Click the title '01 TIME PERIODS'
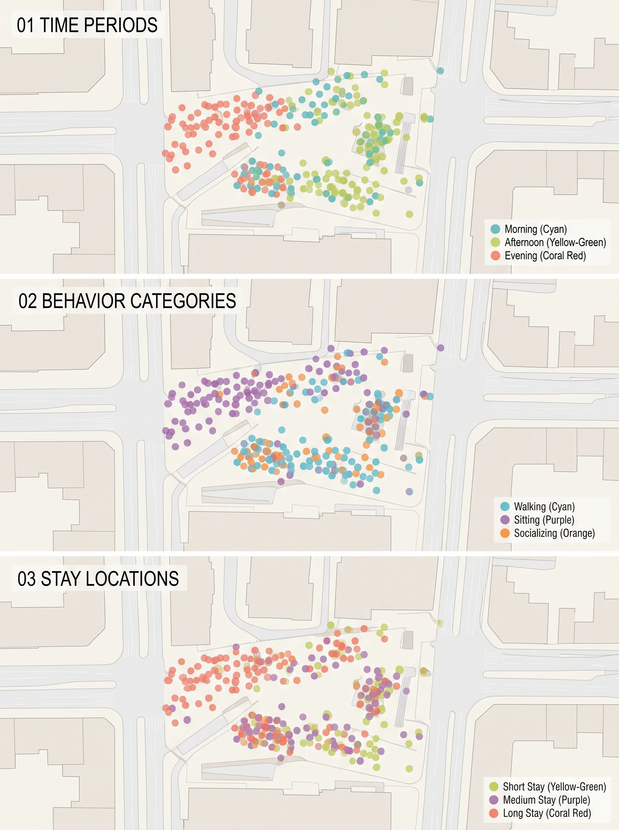point(87,25)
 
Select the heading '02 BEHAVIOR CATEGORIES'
point(127,301)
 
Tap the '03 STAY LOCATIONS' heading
point(98,578)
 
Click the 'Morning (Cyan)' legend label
point(535,229)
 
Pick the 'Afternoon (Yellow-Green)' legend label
point(555,242)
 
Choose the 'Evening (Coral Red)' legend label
point(545,256)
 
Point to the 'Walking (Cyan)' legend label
point(544,507)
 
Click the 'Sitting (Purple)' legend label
point(544,520)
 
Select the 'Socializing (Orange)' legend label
point(554,533)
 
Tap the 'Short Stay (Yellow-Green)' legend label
point(554,786)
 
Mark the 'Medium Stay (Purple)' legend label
point(546,800)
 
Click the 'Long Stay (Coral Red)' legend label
point(547,813)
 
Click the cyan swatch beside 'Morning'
point(495,229)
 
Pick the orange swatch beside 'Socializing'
point(505,533)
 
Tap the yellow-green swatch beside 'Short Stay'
point(494,786)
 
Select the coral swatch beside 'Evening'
point(495,256)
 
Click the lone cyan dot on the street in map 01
point(440,71)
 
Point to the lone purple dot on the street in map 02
point(441,348)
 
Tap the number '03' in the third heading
point(27,578)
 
